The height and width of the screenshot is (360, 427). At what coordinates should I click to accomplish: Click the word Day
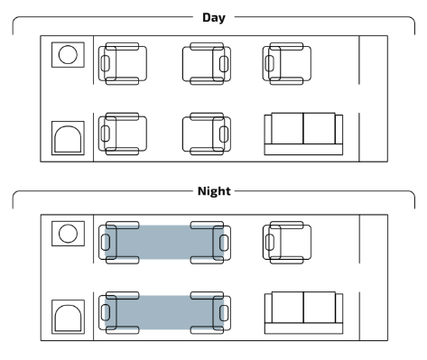214,17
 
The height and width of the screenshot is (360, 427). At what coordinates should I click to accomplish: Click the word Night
214,191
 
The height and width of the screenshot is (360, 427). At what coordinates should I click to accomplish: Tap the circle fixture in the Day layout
68,55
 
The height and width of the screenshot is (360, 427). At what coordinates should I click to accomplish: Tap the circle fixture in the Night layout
68,234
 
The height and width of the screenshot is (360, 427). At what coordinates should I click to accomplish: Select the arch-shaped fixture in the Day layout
68,139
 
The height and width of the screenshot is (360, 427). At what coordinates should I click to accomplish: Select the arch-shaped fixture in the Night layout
68,318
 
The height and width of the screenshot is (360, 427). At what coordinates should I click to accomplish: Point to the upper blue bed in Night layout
164,242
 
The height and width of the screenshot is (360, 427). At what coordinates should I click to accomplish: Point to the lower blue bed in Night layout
164,312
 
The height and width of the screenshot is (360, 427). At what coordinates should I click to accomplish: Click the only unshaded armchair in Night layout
287,243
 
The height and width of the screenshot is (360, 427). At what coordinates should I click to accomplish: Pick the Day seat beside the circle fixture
123,64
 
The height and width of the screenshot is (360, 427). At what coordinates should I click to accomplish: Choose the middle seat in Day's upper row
207,64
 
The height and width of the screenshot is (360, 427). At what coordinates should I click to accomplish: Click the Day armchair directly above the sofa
287,64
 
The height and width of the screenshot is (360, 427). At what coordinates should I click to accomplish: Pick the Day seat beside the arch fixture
123,134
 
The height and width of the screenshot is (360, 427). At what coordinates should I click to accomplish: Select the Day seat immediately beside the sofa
207,134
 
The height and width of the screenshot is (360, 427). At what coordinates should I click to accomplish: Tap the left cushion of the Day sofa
287,128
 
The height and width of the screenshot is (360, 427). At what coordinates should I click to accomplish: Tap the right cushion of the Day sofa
320,128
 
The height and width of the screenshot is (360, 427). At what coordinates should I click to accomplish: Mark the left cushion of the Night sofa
288,307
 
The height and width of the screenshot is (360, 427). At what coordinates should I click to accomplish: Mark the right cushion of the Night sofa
320,307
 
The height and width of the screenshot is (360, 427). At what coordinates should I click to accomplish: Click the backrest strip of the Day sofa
303,150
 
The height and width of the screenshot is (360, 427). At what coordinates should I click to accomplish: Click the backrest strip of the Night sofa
304,328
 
